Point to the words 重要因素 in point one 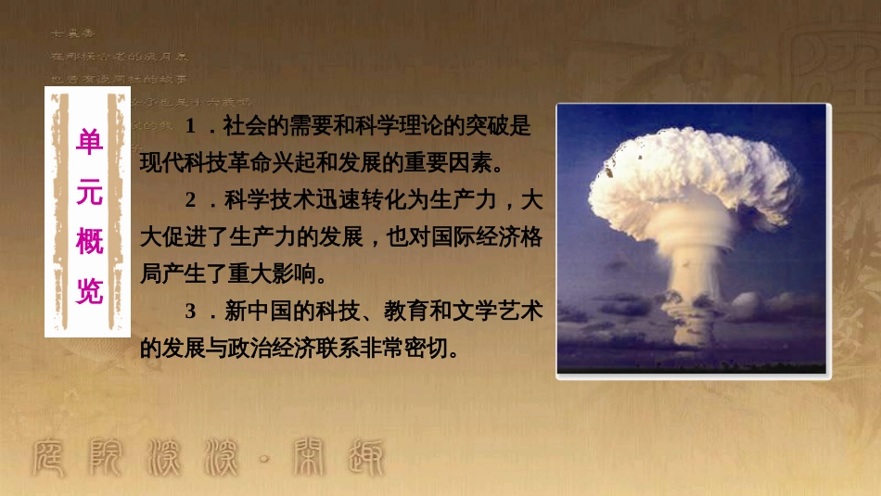[x=447, y=163]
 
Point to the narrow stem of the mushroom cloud [x=691, y=297]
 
